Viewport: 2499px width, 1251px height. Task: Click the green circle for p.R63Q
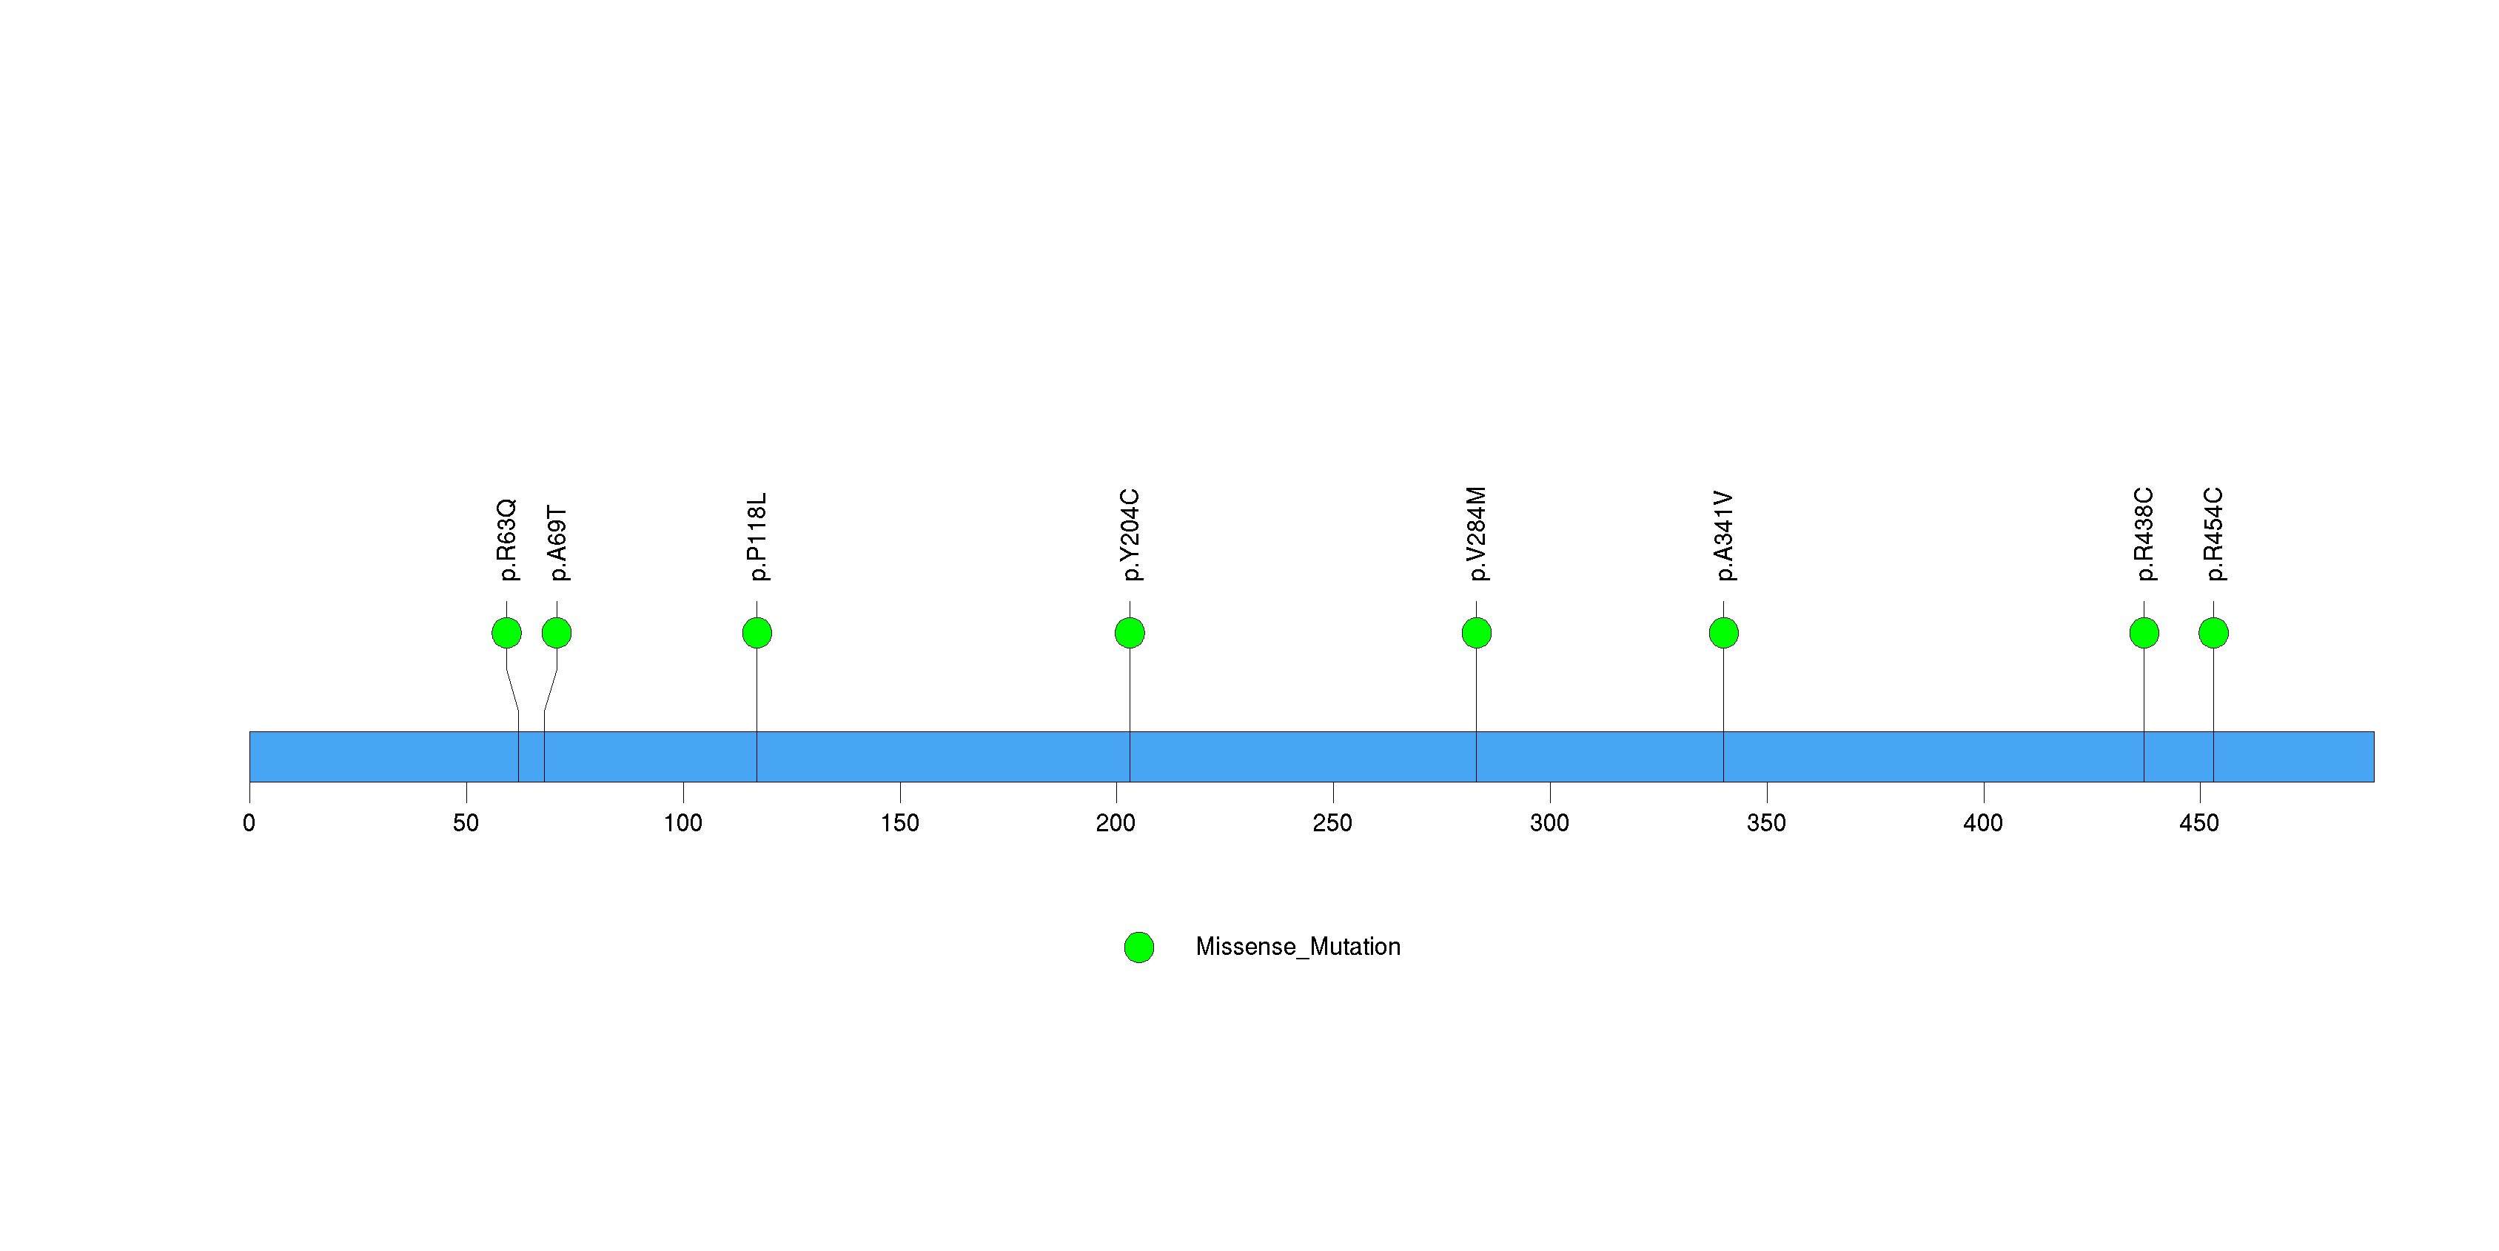click(x=506, y=633)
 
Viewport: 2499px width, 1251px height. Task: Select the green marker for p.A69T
click(x=557, y=633)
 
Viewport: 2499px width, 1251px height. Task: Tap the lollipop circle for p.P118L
click(x=757, y=633)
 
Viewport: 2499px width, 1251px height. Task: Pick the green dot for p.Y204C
click(x=1129, y=633)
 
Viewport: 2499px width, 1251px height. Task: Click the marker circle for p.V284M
click(x=1477, y=633)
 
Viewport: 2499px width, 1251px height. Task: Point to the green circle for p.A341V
click(x=1724, y=633)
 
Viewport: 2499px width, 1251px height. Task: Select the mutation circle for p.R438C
click(x=2144, y=633)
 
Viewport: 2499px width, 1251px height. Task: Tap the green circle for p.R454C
click(x=2214, y=633)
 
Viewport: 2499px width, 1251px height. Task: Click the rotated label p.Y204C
click(x=1130, y=535)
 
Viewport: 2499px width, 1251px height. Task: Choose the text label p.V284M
click(x=1477, y=534)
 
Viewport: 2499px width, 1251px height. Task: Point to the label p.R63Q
click(x=507, y=540)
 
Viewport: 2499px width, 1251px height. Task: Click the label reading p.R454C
click(x=2214, y=534)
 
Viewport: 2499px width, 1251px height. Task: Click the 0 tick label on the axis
click(x=249, y=823)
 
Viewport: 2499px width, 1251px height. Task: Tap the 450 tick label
click(x=2199, y=823)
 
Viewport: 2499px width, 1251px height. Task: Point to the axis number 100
click(x=683, y=823)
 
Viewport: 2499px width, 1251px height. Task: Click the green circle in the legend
click(x=1139, y=948)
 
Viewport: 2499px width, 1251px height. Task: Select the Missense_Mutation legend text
click(x=1298, y=948)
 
